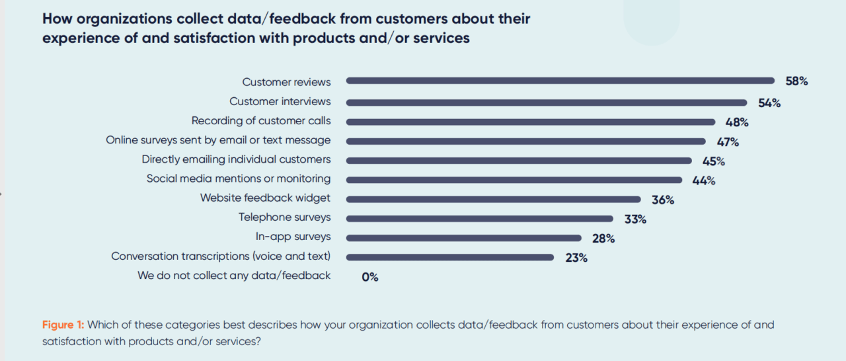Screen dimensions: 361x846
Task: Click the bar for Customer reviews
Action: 560,81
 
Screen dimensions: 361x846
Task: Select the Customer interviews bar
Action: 547,102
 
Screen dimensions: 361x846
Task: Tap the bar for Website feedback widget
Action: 493,199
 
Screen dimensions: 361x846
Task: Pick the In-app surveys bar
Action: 463,238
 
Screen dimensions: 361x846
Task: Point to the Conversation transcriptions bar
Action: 449,257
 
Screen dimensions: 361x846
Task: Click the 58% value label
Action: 796,81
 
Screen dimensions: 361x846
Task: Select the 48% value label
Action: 736,122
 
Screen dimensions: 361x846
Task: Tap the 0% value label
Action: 370,277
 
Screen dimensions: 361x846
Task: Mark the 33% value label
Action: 635,219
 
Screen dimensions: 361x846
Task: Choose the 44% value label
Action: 704,180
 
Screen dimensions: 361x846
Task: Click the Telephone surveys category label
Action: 285,218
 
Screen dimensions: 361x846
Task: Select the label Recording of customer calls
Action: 261,121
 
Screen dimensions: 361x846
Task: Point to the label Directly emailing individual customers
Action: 236,159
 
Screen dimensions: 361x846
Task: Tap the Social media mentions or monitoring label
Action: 239,179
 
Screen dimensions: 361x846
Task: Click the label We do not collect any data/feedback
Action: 234,276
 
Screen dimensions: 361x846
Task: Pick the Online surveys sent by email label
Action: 218,140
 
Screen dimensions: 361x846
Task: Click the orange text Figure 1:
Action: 63,325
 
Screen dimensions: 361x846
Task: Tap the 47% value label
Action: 727,142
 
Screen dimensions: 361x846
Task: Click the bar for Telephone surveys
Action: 479,219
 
